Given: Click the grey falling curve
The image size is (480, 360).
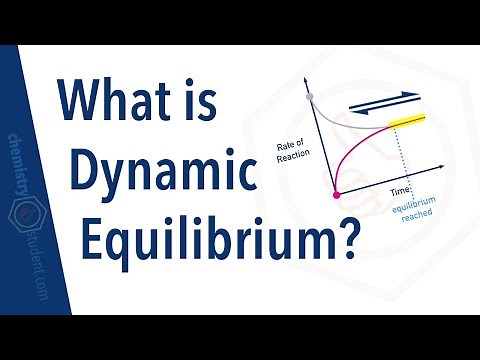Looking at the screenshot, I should point(345,116).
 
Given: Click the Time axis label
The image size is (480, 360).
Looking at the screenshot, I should point(401,187).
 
